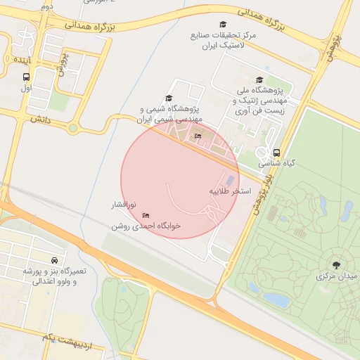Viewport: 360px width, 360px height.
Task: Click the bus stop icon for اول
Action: pos(27,77)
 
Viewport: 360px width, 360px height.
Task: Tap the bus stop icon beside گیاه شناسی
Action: pos(276,152)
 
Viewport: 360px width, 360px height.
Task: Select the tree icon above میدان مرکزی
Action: pos(337,265)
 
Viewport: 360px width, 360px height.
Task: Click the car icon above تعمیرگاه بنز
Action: pos(54,260)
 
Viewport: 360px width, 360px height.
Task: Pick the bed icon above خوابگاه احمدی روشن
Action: pos(146,215)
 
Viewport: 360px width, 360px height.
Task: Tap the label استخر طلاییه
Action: pos(230,191)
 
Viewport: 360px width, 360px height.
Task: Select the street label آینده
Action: pos(19,60)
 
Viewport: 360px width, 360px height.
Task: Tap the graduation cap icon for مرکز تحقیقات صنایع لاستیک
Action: pos(223,25)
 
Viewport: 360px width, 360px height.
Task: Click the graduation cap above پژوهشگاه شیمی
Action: pos(168,98)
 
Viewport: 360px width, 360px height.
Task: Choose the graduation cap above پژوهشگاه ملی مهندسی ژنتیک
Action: pos(259,80)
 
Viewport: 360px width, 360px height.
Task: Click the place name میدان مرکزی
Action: pos(337,276)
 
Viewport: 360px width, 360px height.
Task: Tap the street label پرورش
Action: pos(63,65)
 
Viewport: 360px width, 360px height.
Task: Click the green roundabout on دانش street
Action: pos(72,128)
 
